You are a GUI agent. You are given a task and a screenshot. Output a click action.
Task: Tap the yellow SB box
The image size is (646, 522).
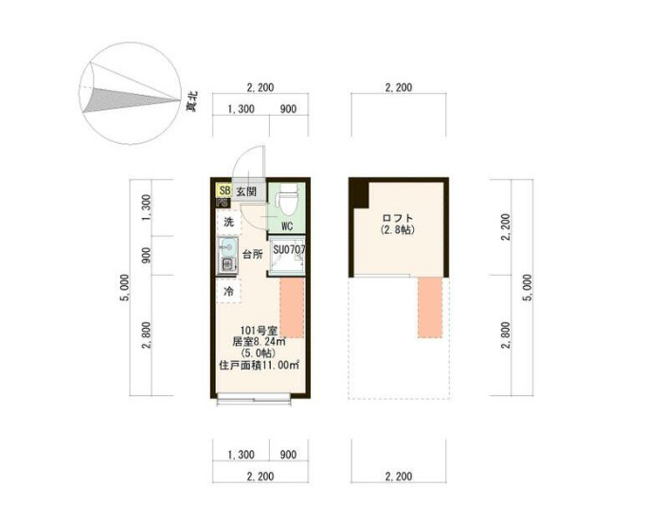pyautogui.click(x=224, y=190)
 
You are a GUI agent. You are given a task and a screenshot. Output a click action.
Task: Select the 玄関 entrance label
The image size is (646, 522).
pyautogui.click(x=246, y=191)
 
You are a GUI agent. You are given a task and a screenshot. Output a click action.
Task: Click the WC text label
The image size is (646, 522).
pyautogui.click(x=286, y=226)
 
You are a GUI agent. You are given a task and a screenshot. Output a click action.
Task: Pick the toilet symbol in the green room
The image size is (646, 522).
pyautogui.click(x=286, y=200)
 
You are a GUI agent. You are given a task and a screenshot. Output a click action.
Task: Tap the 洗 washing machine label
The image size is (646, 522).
pyautogui.click(x=228, y=222)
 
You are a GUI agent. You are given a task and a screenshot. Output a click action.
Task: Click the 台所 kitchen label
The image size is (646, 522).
pyautogui.click(x=251, y=255)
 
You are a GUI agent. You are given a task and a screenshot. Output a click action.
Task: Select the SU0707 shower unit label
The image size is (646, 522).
pyautogui.click(x=288, y=249)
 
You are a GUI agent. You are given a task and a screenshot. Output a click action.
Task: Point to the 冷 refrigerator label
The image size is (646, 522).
pyautogui.click(x=228, y=292)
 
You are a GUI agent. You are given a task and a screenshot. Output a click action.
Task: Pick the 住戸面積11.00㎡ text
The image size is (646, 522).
pyautogui.click(x=259, y=365)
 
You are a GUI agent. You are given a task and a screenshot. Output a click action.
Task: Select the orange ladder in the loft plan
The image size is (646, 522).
pyautogui.click(x=430, y=307)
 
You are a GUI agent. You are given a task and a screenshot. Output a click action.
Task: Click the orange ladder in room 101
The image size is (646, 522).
pyautogui.click(x=291, y=308)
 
